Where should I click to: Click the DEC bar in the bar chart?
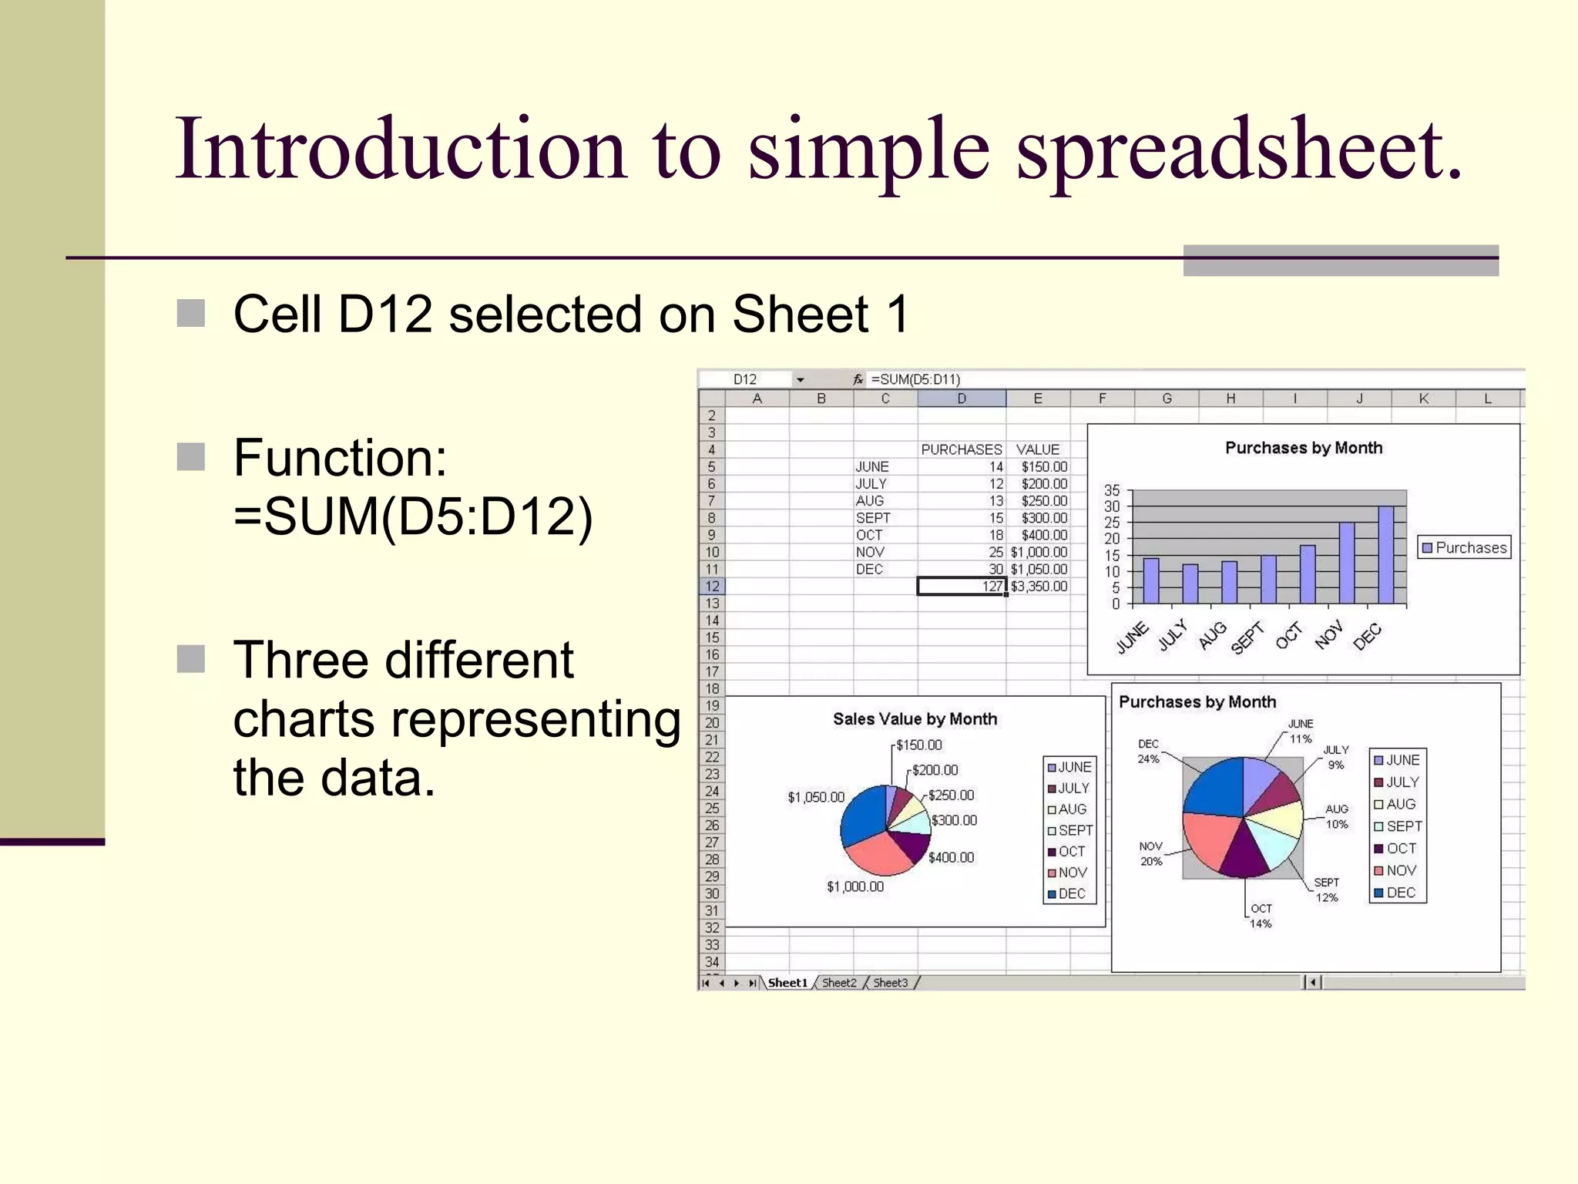point(1385,555)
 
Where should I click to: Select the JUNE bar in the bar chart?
point(1150,580)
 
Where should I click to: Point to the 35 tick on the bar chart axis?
point(1112,490)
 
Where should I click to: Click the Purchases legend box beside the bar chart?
point(1464,547)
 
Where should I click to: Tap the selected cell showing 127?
point(962,587)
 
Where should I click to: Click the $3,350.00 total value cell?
point(1039,587)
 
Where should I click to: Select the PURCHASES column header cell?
point(961,449)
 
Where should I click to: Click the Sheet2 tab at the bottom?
point(839,983)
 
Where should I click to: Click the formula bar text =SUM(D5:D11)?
point(915,379)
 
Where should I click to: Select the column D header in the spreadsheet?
point(962,399)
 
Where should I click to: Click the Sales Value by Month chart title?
point(915,719)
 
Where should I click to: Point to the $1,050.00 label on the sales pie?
point(815,797)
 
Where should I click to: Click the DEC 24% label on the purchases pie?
point(1148,751)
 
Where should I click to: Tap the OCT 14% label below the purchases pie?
point(1261,916)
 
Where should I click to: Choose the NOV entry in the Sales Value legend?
point(1072,873)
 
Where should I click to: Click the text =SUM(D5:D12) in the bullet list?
point(413,516)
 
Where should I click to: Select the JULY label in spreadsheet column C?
point(871,484)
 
